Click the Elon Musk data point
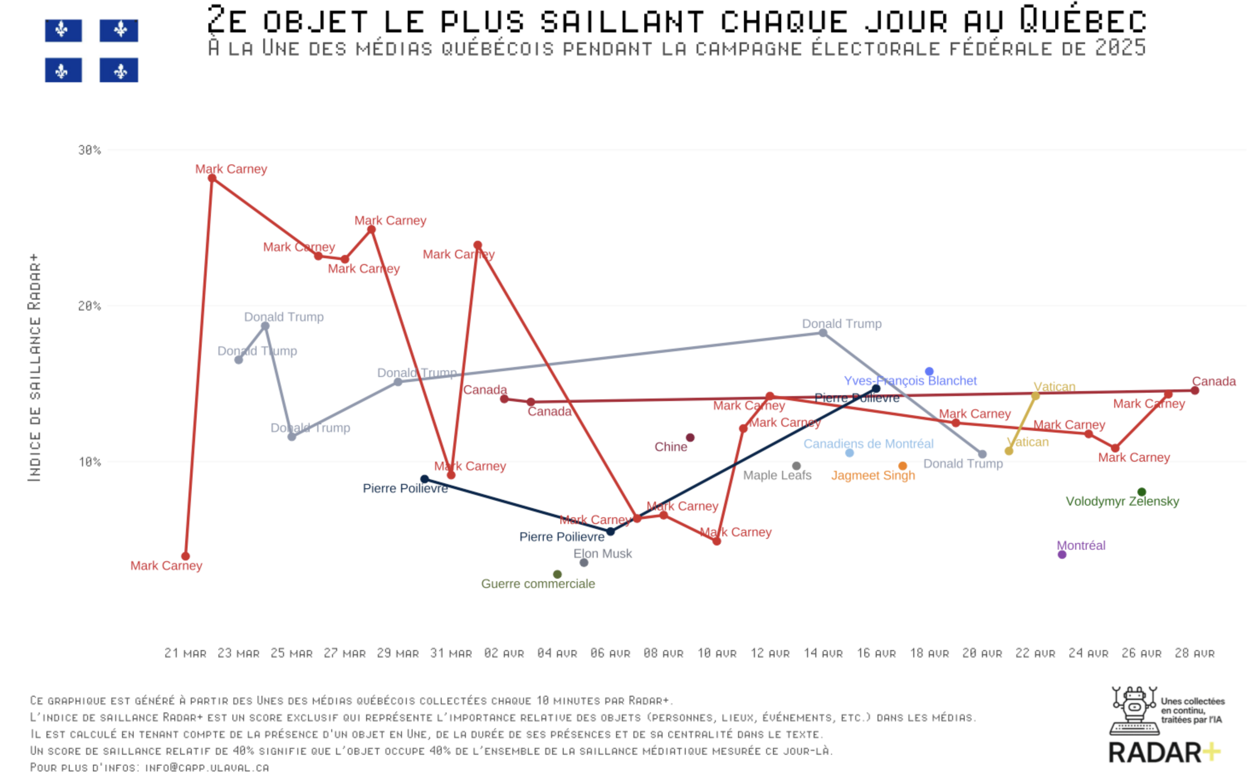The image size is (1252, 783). point(584,563)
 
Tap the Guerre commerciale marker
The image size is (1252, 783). point(557,574)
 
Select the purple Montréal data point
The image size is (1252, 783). point(1062,555)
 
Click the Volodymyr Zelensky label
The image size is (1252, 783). point(1122,501)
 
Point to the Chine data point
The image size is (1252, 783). point(690,438)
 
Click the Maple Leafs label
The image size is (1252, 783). point(777,475)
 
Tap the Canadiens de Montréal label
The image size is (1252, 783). point(868,444)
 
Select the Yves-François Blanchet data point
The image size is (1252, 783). point(929,371)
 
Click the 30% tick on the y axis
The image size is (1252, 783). point(89,150)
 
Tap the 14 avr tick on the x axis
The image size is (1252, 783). point(823,653)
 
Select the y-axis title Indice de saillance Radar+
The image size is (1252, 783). point(34,368)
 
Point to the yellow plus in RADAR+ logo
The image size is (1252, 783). point(1210,752)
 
